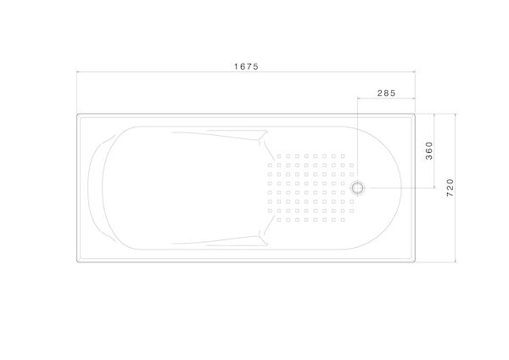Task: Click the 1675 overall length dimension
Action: click(x=246, y=66)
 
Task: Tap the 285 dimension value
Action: click(x=387, y=93)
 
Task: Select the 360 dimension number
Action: click(x=429, y=151)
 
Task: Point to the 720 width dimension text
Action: click(x=450, y=188)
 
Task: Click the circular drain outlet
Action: click(x=358, y=188)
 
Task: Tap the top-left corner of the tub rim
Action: click(x=77, y=114)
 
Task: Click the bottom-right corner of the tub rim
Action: click(x=415, y=262)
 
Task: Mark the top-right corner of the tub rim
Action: click(x=415, y=114)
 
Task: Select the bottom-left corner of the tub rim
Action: click(x=77, y=262)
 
